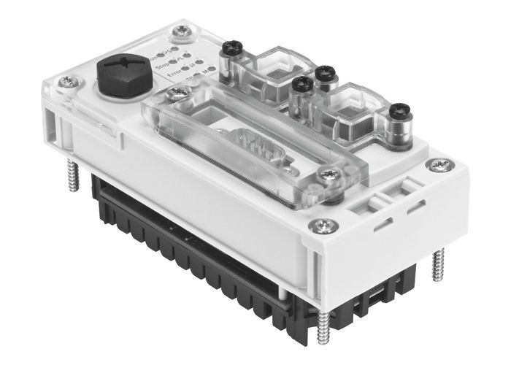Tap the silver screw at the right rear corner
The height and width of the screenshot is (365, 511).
[438, 165]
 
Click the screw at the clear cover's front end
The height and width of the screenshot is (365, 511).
[335, 174]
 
